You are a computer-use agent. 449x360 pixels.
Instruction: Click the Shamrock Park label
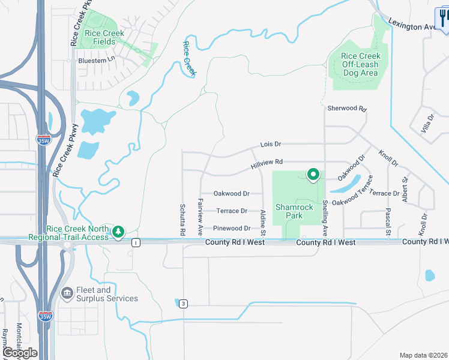[294, 211]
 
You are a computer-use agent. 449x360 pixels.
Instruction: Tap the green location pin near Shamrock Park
[313, 175]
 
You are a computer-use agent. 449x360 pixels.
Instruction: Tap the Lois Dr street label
[271, 145]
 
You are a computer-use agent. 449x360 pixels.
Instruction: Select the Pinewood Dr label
[232, 229]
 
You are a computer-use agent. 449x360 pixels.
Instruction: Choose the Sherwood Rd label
[346, 109]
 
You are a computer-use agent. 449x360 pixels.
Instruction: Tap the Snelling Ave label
[325, 217]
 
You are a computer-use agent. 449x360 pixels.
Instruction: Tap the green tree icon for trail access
[118, 231]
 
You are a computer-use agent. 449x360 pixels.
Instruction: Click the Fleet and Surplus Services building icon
[67, 292]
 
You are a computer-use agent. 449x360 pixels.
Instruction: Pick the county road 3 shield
[182, 304]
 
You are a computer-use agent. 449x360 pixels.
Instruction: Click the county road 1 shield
[136, 242]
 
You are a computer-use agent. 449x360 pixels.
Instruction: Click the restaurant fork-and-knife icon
[443, 17]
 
